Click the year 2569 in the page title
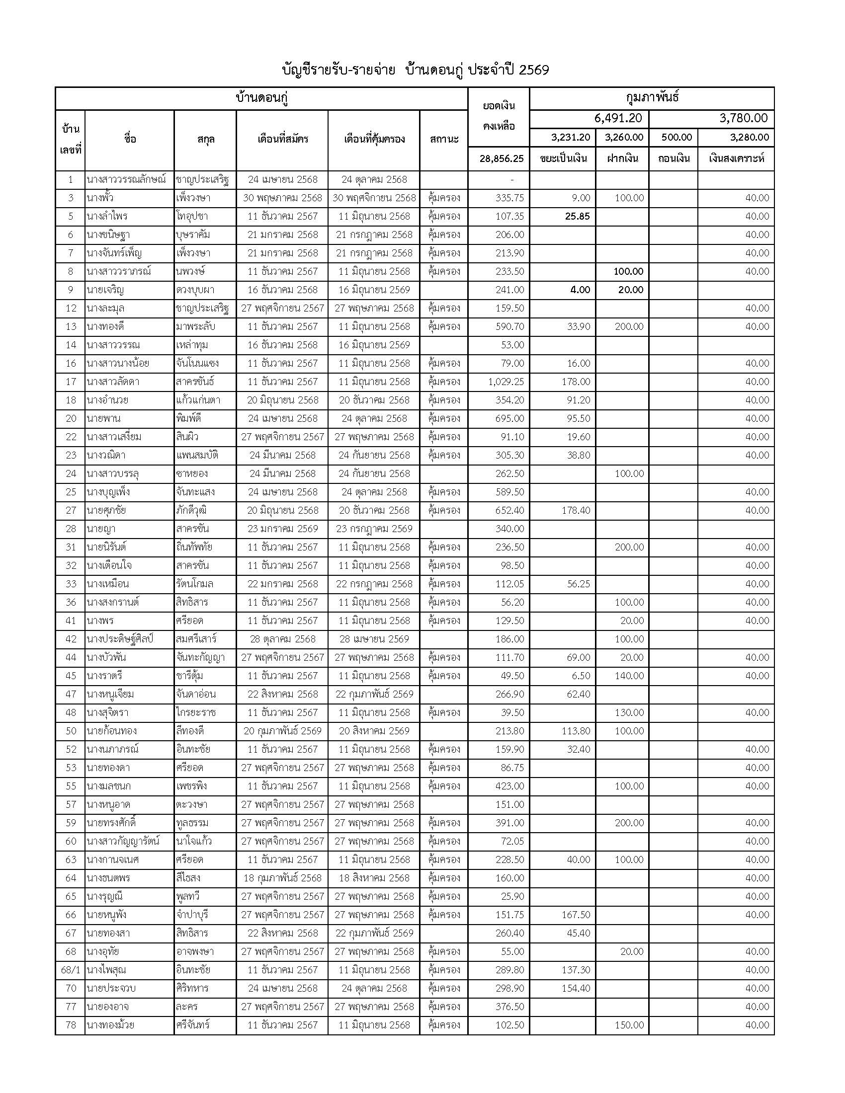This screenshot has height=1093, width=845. coord(534,70)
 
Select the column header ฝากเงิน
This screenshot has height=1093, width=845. coord(622,158)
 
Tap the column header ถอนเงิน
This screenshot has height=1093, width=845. coord(674,158)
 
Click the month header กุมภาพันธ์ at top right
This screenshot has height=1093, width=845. coord(652,98)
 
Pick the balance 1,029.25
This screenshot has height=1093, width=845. coord(506,382)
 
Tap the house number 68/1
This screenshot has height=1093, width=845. coord(71,970)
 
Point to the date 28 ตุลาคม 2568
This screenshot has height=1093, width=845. coord(283,639)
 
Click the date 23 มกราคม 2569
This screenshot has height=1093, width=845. coord(283,529)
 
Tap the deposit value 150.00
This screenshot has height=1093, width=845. coord(629,1025)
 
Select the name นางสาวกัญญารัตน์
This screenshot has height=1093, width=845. coord(123,841)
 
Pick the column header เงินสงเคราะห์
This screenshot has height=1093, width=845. coord(736,158)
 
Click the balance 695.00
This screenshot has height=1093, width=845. coord(509,418)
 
